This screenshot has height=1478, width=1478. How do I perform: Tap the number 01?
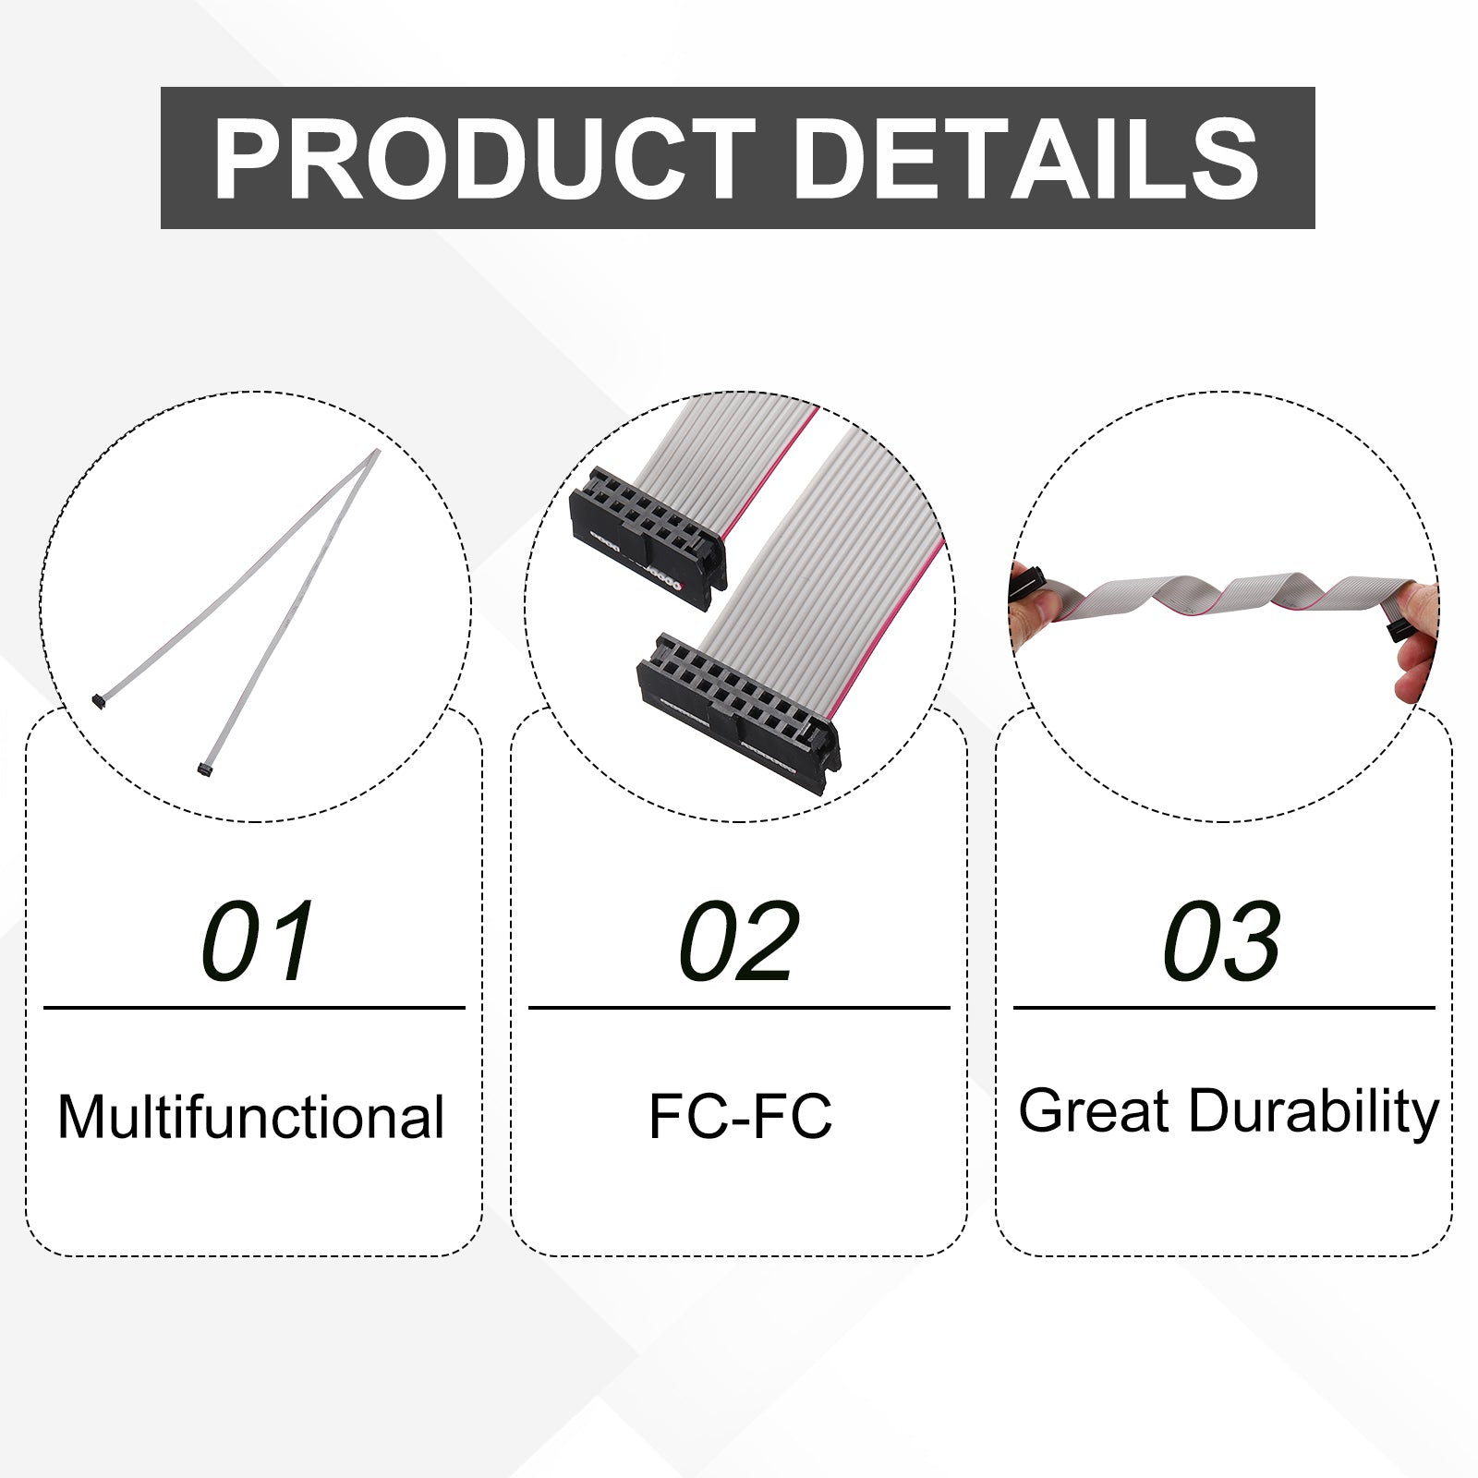(259, 941)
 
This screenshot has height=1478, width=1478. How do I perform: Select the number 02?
(738, 941)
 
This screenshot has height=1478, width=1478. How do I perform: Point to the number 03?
(1222, 941)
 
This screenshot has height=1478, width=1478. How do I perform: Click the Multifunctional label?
(251, 1116)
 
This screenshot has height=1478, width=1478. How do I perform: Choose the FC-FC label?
(740, 1116)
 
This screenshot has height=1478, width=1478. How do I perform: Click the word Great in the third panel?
(1094, 1110)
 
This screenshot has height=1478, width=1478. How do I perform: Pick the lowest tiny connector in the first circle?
(205, 769)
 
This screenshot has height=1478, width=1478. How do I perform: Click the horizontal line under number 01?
(254, 1008)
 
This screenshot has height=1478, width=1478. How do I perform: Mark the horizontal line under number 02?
(739, 1008)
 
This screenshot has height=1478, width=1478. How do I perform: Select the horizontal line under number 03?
(1224, 1008)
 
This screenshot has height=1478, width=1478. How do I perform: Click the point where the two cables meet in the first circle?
(376, 453)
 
